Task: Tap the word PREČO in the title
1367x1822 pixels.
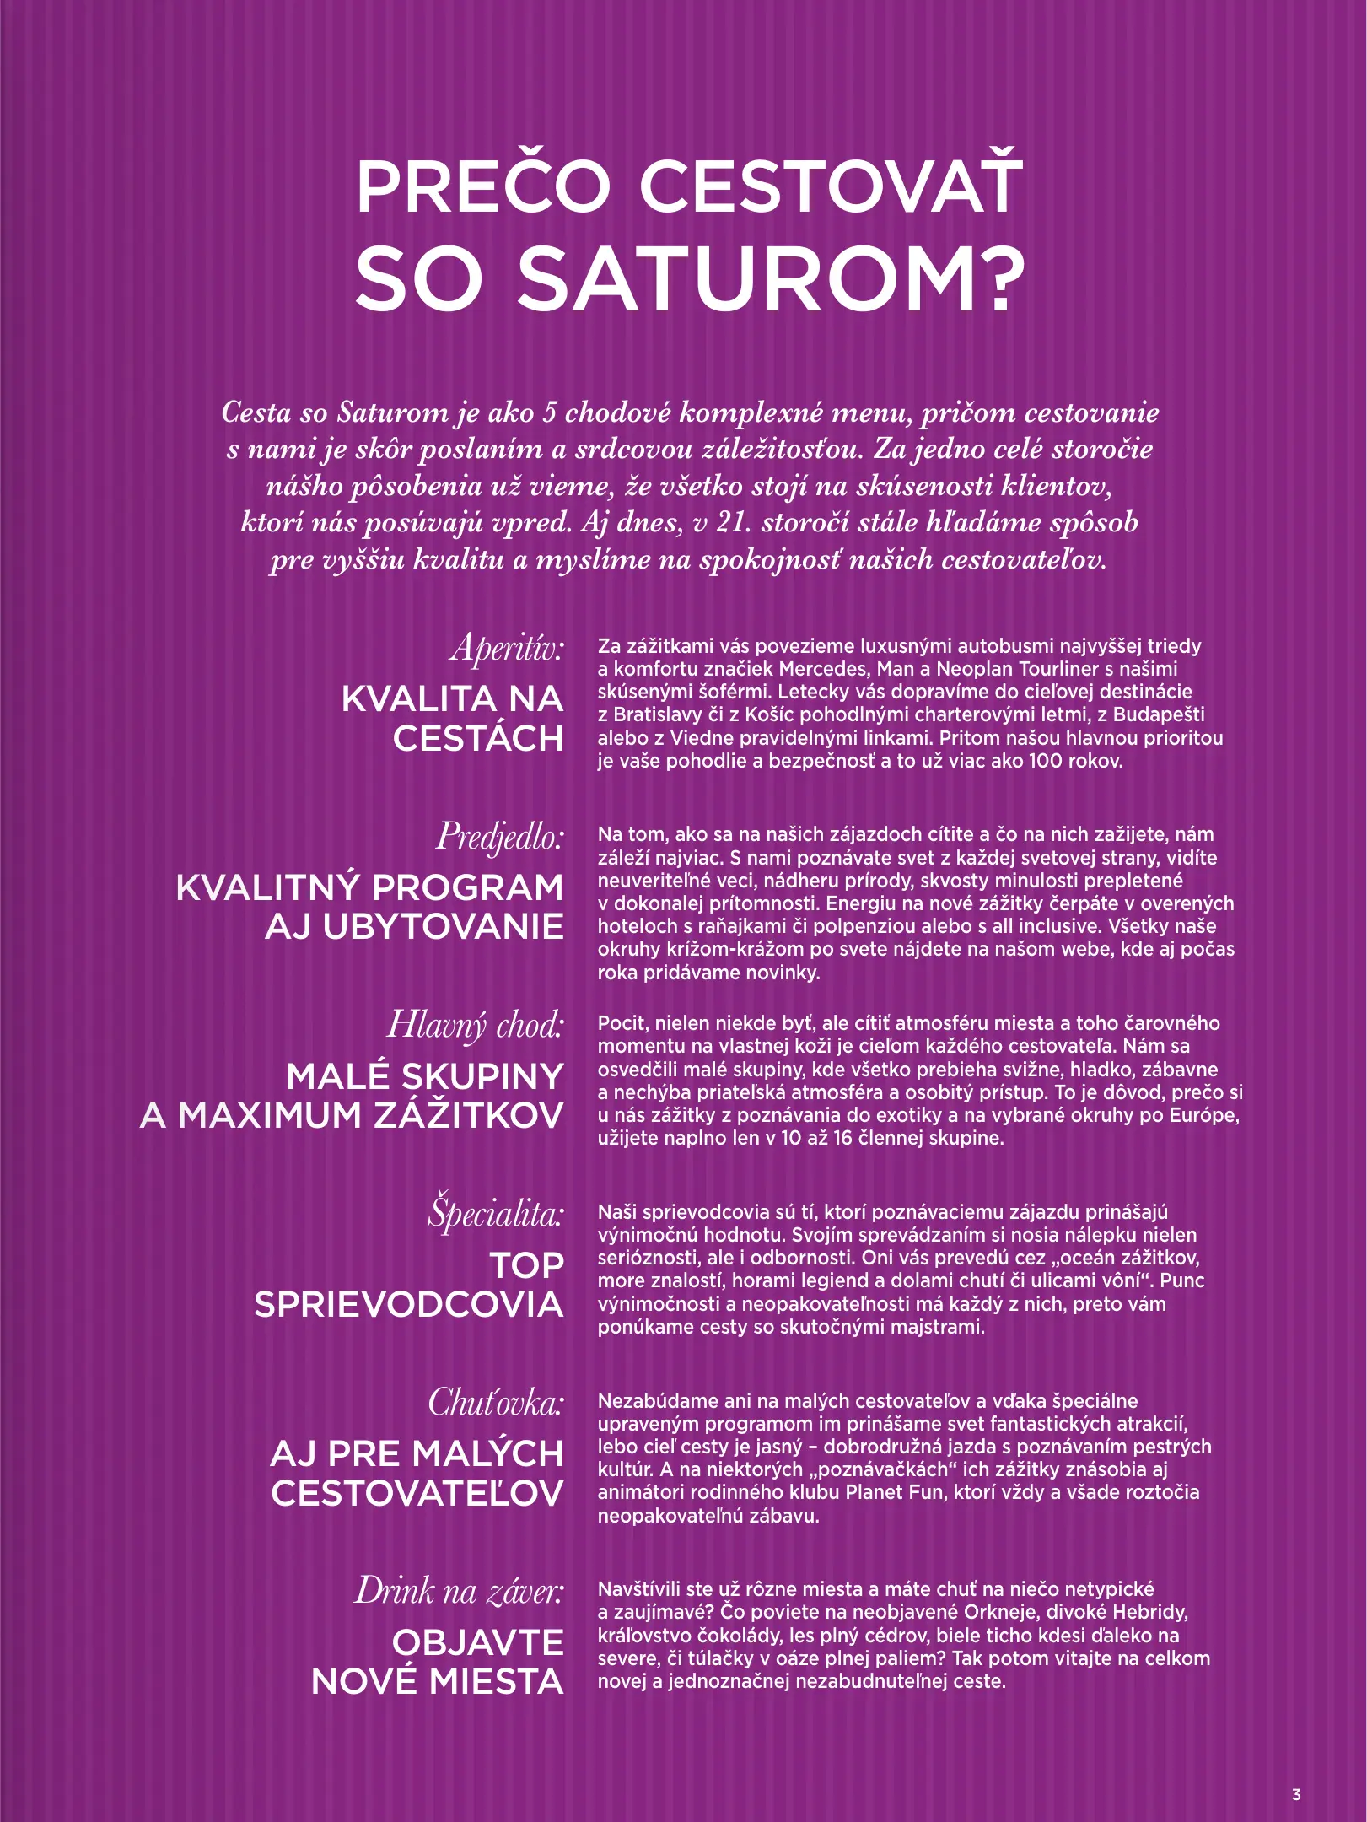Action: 482,186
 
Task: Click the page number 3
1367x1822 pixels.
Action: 1296,1794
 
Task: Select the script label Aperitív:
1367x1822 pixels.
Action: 507,648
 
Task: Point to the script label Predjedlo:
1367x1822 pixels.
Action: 499,837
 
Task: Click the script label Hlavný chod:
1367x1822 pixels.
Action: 475,1025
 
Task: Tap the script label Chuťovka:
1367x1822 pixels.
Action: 496,1403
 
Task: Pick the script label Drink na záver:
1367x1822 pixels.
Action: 459,1591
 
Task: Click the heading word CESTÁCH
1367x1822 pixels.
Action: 477,739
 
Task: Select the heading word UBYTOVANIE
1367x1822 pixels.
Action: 414,927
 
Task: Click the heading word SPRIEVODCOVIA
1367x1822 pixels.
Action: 409,1304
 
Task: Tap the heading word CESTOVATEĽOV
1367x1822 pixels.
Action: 417,1493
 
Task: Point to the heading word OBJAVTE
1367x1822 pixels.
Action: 477,1642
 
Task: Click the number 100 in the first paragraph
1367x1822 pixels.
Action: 1047,761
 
